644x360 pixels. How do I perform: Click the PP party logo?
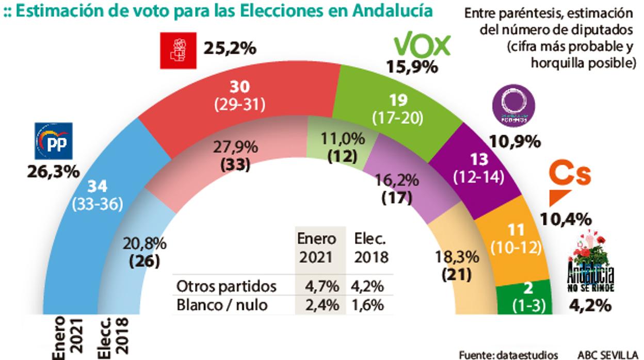pyautogui.click(x=54, y=141)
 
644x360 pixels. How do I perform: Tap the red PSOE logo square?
pyautogui.click(x=178, y=51)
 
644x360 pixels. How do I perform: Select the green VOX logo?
pyautogui.click(x=422, y=46)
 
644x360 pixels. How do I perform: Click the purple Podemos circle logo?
pyautogui.click(x=514, y=106)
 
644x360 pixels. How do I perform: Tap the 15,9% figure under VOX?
pyautogui.click(x=412, y=67)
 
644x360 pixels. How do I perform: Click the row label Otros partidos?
pyautogui.click(x=227, y=286)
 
